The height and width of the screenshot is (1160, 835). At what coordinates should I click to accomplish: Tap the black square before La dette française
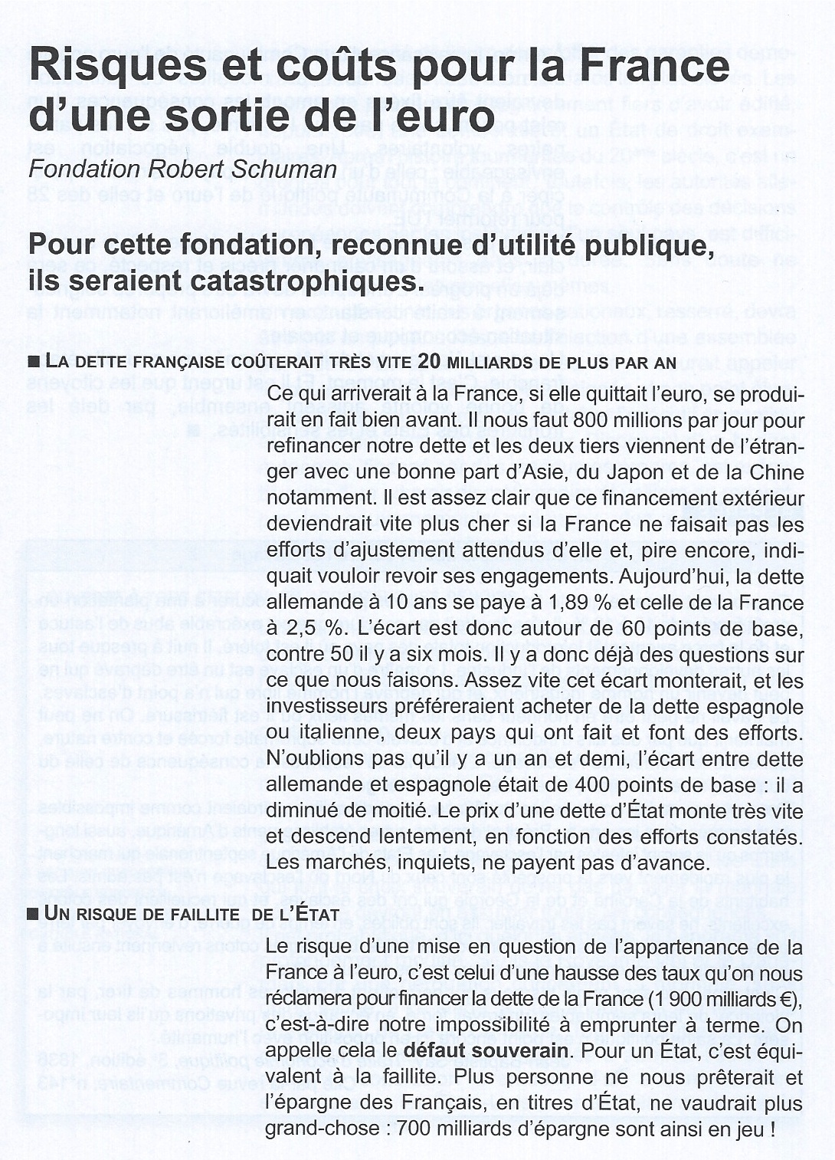point(33,362)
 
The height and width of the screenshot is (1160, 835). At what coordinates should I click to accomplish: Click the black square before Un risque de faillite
point(33,914)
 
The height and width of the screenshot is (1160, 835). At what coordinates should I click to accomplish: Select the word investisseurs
point(330,706)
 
